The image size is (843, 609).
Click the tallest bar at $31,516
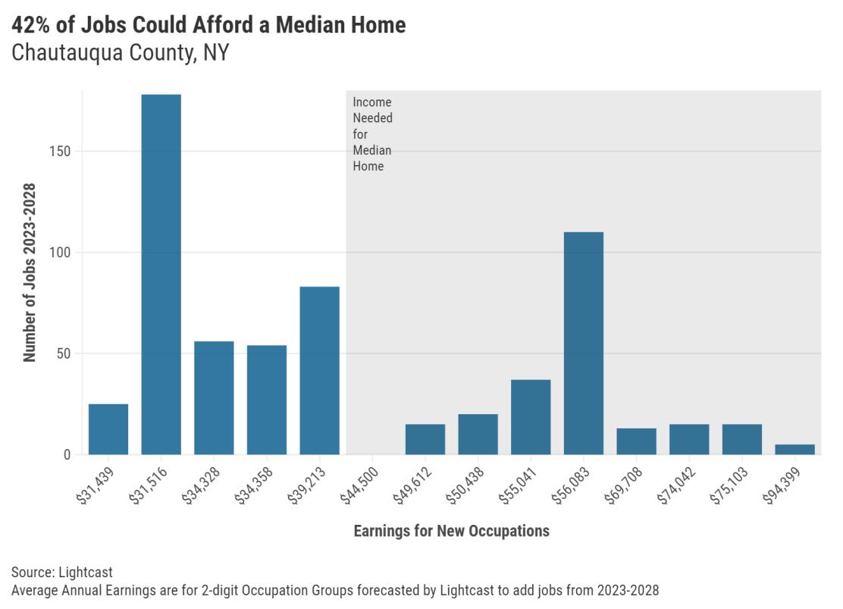[x=161, y=275]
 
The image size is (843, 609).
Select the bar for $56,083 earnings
[x=583, y=343]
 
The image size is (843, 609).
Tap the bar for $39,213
[x=319, y=370]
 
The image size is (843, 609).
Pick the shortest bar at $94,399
[x=794, y=450]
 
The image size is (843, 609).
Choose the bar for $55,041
[x=531, y=417]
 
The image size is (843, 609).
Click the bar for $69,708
[x=636, y=441]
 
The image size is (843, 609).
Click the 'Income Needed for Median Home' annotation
[x=372, y=134]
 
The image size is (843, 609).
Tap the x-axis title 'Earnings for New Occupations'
[x=451, y=531]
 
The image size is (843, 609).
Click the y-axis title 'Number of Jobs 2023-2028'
[x=30, y=273]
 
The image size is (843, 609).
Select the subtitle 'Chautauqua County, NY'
[x=120, y=54]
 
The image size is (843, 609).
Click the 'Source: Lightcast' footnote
[x=62, y=573]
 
